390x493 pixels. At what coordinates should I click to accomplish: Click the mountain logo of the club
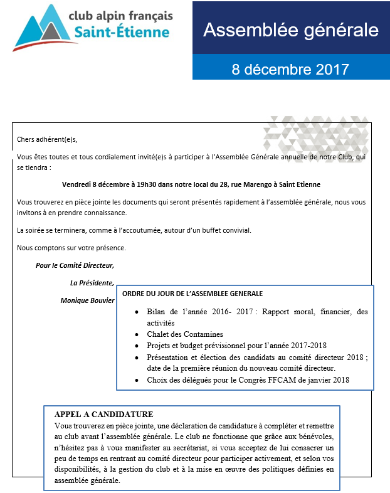pos(43,28)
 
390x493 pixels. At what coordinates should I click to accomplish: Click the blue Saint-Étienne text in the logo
pos(121,32)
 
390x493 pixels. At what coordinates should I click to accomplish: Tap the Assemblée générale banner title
pos(291,29)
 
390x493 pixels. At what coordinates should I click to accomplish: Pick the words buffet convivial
pos(225,230)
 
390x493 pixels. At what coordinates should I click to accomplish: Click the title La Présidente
pos(92,283)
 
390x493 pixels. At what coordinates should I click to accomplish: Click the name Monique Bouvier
pos(88,300)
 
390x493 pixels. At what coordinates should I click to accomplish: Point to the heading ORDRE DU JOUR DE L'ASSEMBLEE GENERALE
pos(192,294)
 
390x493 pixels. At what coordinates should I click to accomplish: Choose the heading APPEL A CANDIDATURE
pos(104,415)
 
